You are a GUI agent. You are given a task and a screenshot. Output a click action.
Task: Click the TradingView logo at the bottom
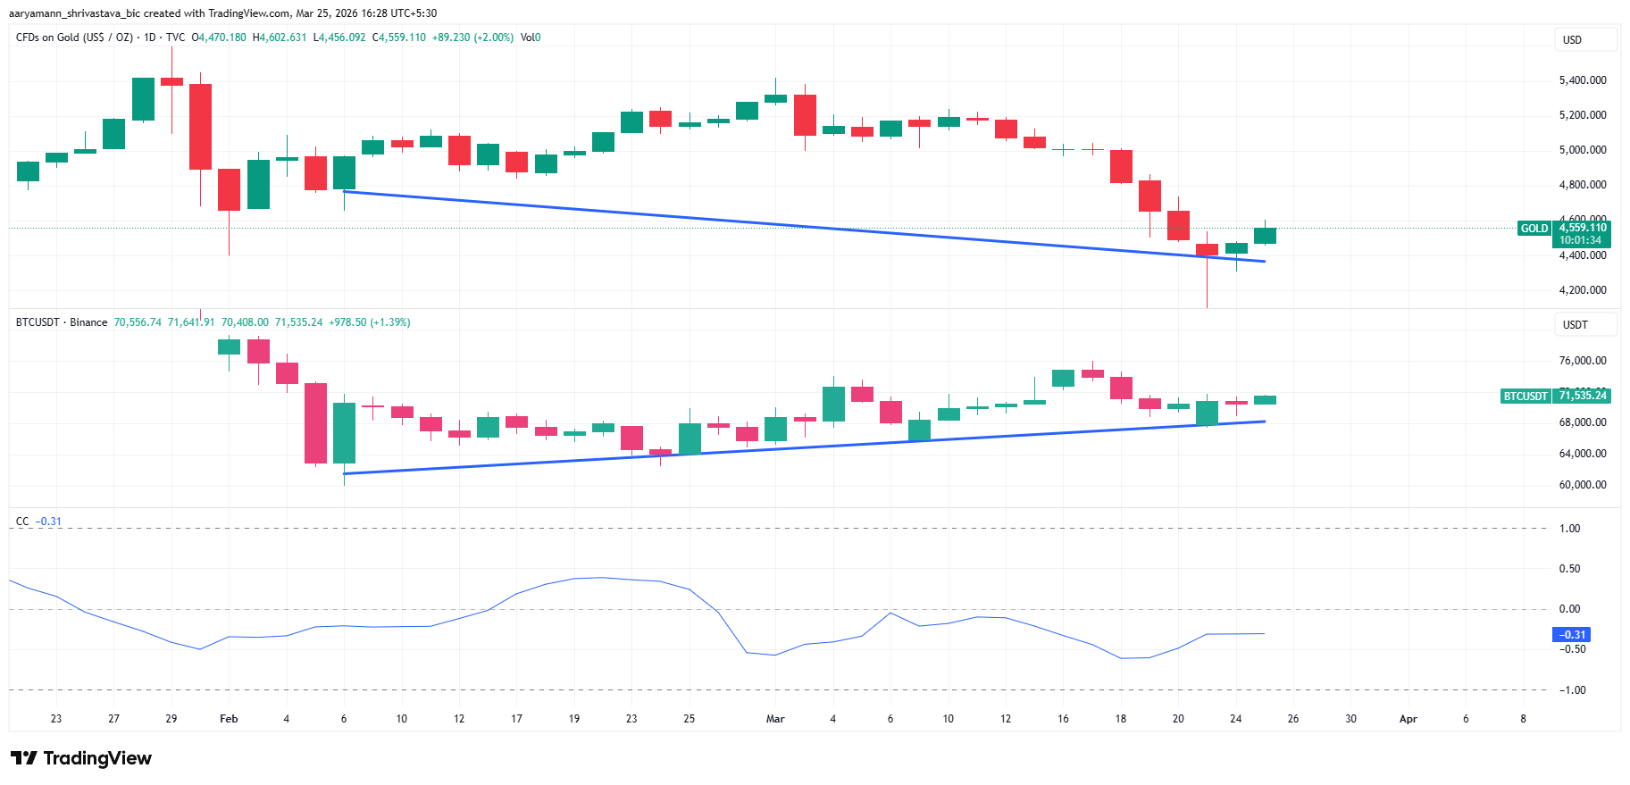pyautogui.click(x=81, y=758)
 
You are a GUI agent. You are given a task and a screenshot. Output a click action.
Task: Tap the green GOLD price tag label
pyautogui.click(x=1534, y=229)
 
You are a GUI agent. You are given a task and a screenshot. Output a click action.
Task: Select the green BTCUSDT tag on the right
pyautogui.click(x=1525, y=396)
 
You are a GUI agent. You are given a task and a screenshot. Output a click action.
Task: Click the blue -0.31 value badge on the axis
pyautogui.click(x=1572, y=635)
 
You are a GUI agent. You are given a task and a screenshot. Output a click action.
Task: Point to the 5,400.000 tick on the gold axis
pyautogui.click(x=1582, y=80)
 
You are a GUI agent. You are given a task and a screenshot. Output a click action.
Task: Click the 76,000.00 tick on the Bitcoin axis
pyautogui.click(x=1582, y=361)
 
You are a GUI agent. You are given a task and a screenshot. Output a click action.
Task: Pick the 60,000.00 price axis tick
pyautogui.click(x=1582, y=485)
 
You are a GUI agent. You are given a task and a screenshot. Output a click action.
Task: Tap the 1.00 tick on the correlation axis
pyautogui.click(x=1569, y=529)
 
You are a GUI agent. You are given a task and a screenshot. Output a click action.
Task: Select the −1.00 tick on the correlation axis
pyautogui.click(x=1572, y=690)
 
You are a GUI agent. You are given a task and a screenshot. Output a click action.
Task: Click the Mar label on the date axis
pyautogui.click(x=775, y=719)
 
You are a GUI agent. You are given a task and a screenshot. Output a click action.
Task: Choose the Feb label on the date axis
pyautogui.click(x=229, y=719)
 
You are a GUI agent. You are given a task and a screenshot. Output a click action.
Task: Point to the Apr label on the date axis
pyautogui.click(x=1408, y=719)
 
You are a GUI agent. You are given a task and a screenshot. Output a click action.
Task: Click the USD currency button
pyautogui.click(x=1573, y=40)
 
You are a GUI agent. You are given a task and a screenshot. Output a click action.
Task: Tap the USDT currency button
pyautogui.click(x=1575, y=325)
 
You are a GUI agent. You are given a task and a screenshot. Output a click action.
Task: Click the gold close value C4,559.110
pyautogui.click(x=399, y=38)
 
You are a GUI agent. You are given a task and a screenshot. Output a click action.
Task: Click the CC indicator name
pyautogui.click(x=22, y=522)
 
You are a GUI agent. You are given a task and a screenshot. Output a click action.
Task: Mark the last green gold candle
pyautogui.click(x=1265, y=236)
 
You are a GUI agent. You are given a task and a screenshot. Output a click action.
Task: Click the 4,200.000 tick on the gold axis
pyautogui.click(x=1582, y=290)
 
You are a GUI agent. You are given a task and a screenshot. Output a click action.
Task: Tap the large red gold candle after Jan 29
pyautogui.click(x=200, y=126)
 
